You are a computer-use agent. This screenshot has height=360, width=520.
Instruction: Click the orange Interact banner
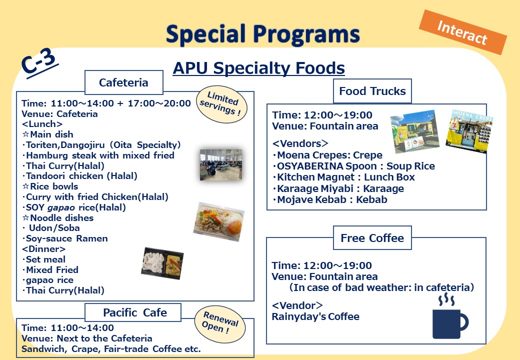point(463,32)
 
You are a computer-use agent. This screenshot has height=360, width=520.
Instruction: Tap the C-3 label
point(39,62)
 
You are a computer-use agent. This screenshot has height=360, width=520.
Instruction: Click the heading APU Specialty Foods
point(258,68)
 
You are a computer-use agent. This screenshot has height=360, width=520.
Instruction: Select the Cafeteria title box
point(123,82)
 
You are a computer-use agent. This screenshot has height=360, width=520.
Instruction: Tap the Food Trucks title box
point(372,91)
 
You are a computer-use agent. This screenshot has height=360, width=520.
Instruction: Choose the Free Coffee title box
point(372,238)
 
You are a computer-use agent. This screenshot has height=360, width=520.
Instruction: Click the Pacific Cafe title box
point(133,312)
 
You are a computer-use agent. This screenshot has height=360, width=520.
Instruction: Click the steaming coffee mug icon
point(450,316)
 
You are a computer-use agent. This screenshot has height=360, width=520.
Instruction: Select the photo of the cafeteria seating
point(221,165)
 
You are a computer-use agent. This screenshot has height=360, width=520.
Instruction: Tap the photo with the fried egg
point(219,221)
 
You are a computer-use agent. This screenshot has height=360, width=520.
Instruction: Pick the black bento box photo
point(162,263)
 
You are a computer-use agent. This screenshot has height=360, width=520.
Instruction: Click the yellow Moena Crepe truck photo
point(469,131)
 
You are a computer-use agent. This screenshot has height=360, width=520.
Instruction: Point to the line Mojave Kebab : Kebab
point(330,200)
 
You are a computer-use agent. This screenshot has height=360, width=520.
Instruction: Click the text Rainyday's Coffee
point(315,316)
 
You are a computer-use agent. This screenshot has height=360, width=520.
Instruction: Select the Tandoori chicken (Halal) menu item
point(79,176)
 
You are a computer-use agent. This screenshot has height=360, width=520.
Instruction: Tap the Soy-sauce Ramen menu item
point(65,238)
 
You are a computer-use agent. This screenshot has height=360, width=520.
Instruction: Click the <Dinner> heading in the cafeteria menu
point(44,249)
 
